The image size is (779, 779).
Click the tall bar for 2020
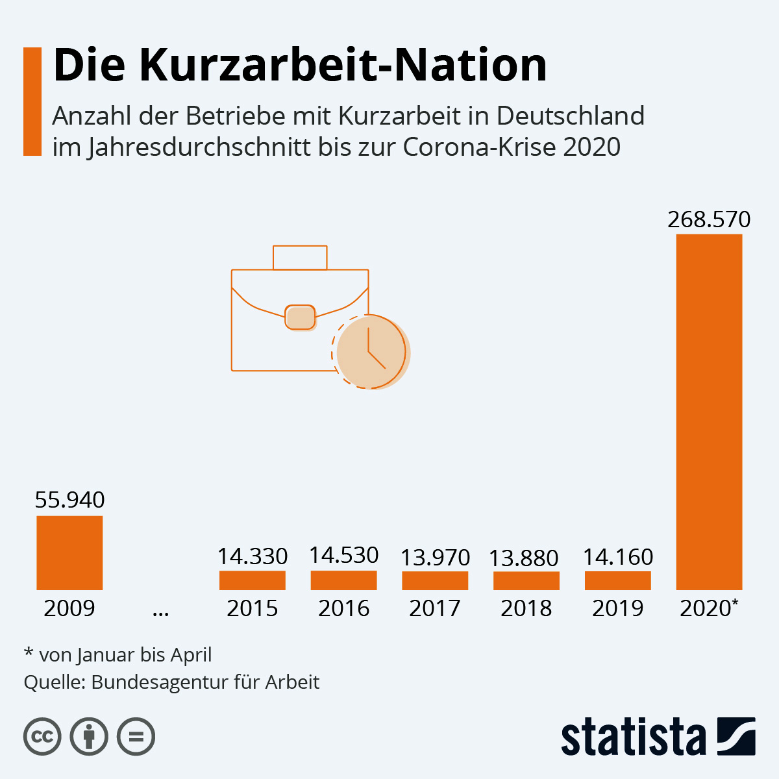(709, 412)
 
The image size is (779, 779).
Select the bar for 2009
(69, 552)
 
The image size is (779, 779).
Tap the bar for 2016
(343, 580)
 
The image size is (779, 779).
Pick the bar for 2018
(526, 581)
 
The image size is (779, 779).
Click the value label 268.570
(709, 219)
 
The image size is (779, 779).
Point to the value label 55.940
(69, 500)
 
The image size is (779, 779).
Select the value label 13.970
(435, 557)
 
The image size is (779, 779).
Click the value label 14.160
(618, 556)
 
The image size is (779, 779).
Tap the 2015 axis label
(252, 608)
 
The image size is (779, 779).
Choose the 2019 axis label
(618, 608)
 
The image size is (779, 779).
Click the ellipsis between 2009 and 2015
(160, 610)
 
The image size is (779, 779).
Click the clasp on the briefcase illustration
(300, 317)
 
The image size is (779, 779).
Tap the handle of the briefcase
(300, 257)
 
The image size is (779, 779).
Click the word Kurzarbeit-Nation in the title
(343, 65)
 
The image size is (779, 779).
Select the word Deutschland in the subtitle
(571, 116)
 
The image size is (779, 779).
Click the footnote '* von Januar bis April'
(117, 654)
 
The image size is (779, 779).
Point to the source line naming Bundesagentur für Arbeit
(171, 682)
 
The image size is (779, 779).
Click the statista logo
(658, 737)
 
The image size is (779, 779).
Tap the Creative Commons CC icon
(42, 737)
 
